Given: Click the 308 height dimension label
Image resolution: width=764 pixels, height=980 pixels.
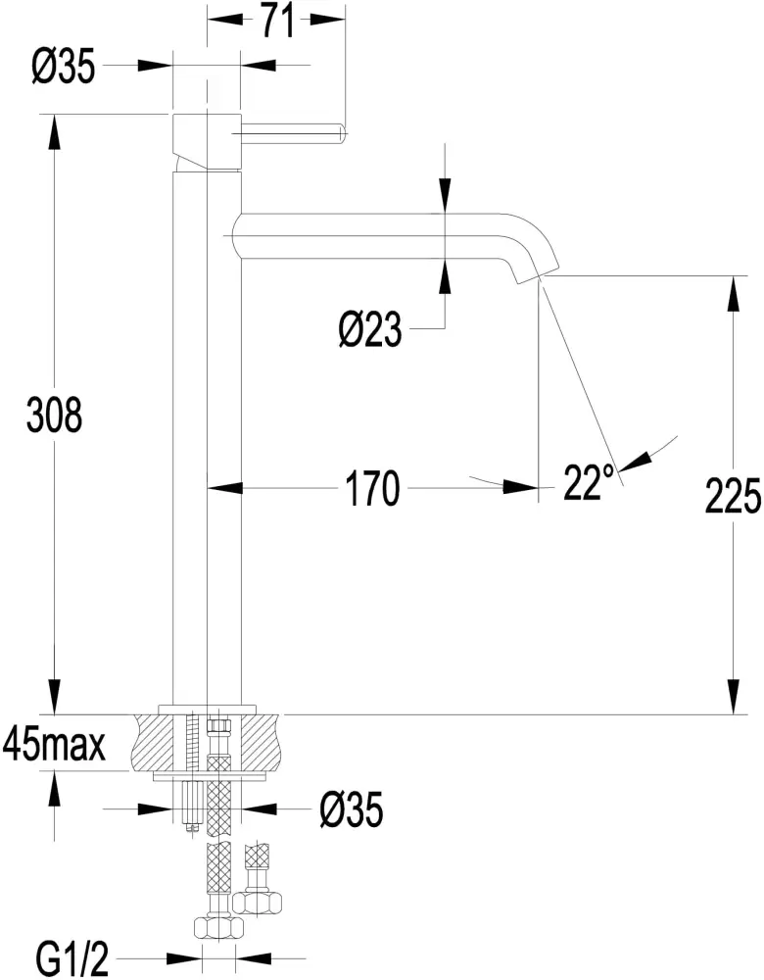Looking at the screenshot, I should pos(55,416).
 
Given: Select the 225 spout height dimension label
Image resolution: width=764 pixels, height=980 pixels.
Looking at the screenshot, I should pos(733,498).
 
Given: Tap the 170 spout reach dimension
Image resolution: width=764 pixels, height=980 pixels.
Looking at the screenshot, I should pos(371,488).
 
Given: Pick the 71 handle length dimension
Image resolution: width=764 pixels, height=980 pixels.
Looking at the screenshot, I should pos(277,20).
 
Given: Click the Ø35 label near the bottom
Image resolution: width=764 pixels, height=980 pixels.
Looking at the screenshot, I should pos(349,809).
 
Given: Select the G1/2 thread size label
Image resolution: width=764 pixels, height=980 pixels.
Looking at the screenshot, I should pos(71,957).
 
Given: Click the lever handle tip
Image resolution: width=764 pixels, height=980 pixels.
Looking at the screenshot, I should pos(341,128).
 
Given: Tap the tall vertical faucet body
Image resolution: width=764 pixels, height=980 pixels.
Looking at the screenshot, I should pos(207,441).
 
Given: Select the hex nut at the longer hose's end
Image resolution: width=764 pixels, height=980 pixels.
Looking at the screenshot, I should pos(216,926).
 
